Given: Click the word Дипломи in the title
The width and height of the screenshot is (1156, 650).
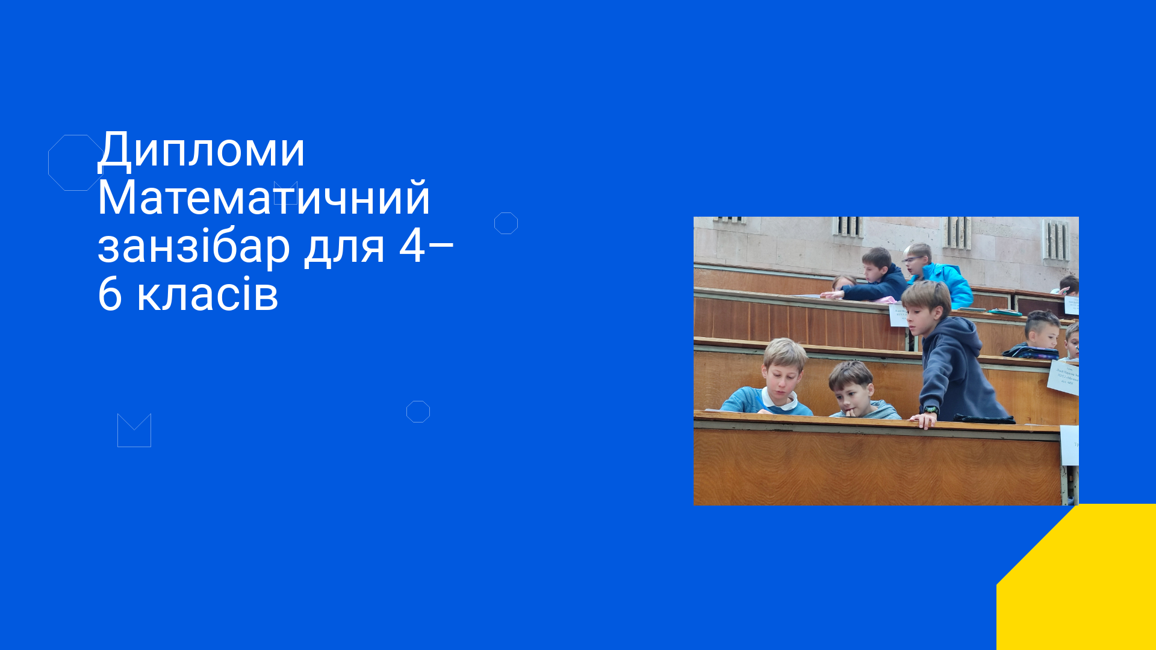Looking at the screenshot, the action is pyautogui.click(x=202, y=150).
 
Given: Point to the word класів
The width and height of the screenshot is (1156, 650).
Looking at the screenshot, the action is pyautogui.click(x=208, y=295).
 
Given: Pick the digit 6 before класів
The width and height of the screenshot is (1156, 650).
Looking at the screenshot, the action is pyautogui.click(x=110, y=295).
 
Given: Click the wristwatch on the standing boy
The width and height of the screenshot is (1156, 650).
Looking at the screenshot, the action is pyautogui.click(x=931, y=410).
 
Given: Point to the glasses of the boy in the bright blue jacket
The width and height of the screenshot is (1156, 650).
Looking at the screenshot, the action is pyautogui.click(x=913, y=260).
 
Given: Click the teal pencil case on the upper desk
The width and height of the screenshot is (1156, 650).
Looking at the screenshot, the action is pyautogui.click(x=1004, y=312).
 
